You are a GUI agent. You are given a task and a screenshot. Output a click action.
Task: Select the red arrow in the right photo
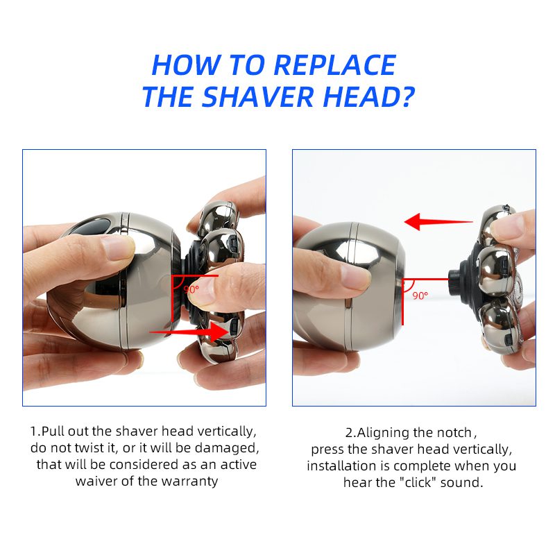438,223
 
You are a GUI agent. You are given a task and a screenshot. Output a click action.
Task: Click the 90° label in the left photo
191,289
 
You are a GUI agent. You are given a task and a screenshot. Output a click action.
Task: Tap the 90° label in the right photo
420,296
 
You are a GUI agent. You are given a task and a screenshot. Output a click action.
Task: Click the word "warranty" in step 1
189,481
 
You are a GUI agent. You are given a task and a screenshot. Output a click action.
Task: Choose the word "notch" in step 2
451,432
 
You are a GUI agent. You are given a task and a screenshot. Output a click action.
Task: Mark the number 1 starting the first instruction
33,431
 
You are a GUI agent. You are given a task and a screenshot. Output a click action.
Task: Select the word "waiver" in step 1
96,481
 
